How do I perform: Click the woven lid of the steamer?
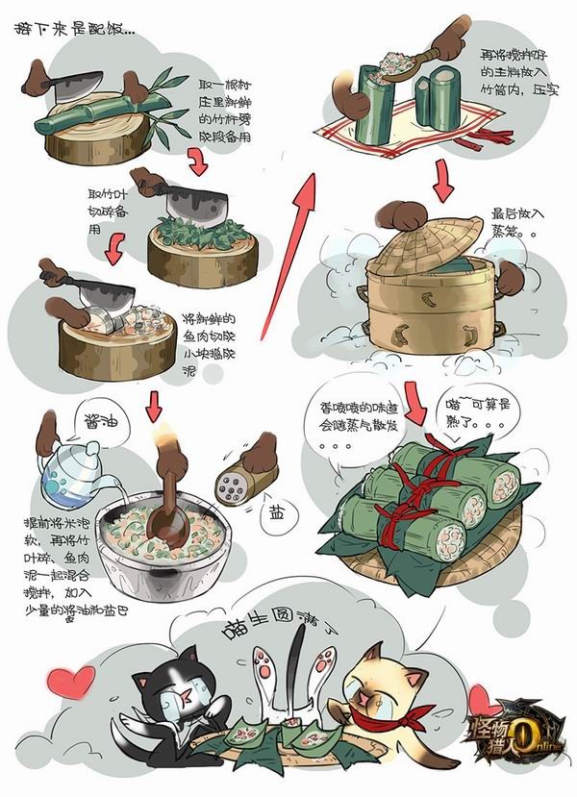pyautogui.click(x=428, y=240)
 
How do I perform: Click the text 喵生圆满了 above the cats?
pyautogui.click(x=279, y=630)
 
